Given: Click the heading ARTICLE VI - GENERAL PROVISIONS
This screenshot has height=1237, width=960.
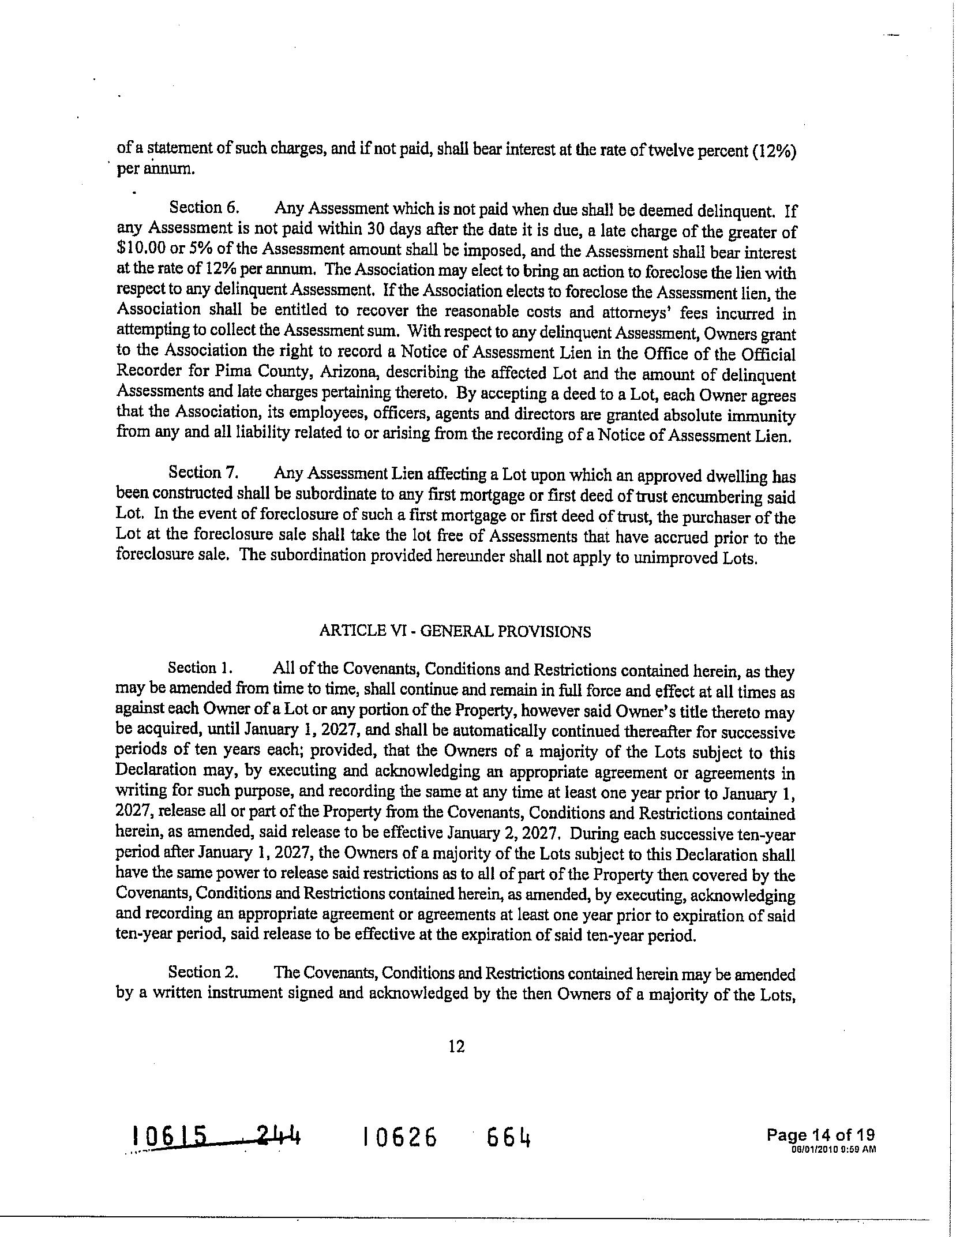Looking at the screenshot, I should [455, 631].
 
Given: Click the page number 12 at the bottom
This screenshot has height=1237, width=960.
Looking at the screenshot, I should [456, 1046].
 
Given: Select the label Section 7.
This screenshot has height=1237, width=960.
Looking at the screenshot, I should [203, 473].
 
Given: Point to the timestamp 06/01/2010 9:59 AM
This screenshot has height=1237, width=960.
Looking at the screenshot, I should [834, 1148].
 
